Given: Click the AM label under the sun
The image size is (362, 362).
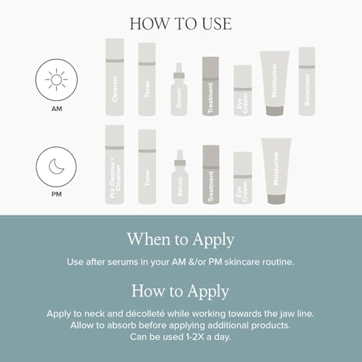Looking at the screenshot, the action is (x=57, y=109).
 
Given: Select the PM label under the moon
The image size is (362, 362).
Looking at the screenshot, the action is (x=57, y=194).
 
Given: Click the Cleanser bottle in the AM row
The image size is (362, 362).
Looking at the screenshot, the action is (x=115, y=77).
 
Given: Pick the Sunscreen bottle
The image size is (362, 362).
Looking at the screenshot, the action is (x=307, y=81).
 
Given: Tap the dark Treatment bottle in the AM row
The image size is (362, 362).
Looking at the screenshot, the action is (x=211, y=86).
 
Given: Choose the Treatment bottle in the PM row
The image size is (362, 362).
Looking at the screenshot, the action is (x=211, y=175).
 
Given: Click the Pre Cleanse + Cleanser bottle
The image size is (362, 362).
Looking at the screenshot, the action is (x=115, y=165).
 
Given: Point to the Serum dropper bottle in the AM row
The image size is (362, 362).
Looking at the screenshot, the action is (x=179, y=89).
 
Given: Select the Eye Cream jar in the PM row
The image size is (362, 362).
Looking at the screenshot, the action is (x=243, y=178).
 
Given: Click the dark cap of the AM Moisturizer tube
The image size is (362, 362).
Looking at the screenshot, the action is (x=274, y=111).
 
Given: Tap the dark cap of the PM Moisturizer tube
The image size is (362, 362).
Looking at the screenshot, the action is (x=276, y=199).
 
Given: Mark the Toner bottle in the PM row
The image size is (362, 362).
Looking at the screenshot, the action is (x=147, y=167).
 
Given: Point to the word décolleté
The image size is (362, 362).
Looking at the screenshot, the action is (x=145, y=314).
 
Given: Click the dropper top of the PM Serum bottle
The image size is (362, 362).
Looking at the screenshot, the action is (x=180, y=158).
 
